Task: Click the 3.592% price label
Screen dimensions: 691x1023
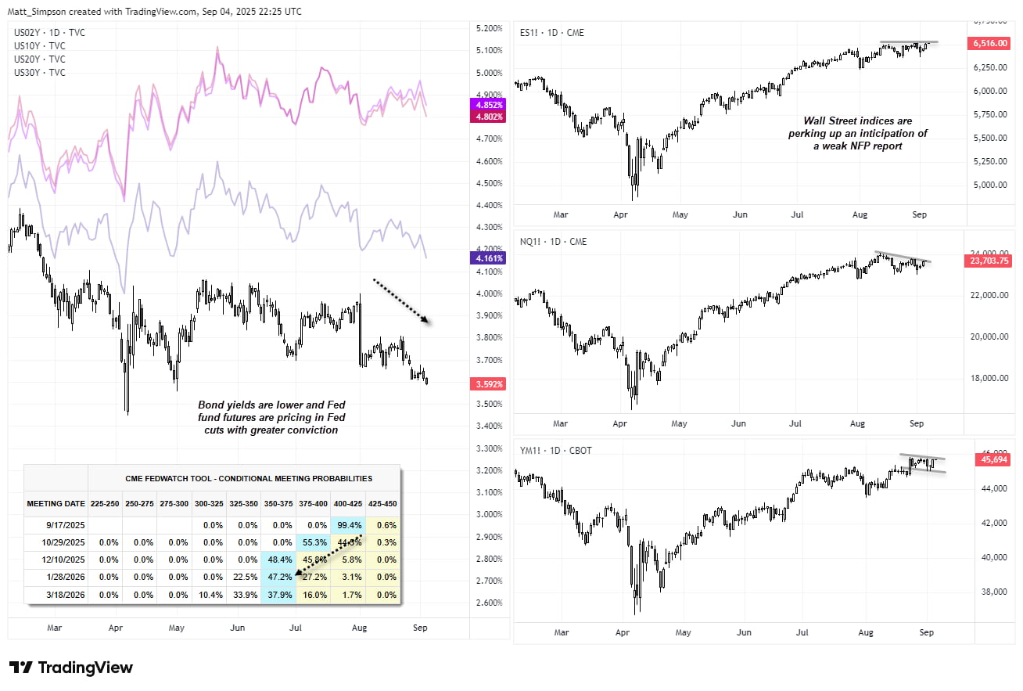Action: point(487,384)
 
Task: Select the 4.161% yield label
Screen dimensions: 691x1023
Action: point(487,257)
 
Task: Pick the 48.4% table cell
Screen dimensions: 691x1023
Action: point(280,560)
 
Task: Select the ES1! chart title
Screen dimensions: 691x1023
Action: point(552,33)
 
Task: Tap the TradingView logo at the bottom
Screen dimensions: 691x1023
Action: point(71,668)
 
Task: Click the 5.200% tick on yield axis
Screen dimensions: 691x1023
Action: point(489,28)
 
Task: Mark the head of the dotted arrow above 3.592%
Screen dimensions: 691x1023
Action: point(428,320)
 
